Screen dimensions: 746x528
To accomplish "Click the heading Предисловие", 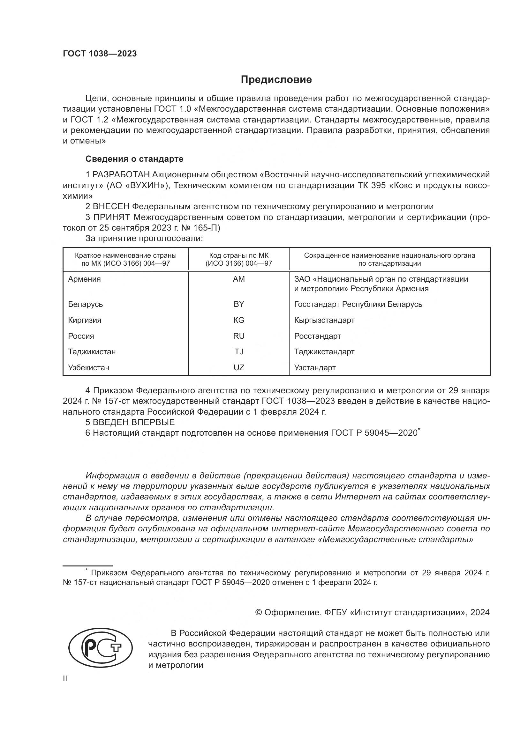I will [x=276, y=80].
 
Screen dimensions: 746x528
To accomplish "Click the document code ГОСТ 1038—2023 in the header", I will [x=100, y=54].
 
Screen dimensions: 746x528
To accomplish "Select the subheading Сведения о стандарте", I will [x=134, y=159].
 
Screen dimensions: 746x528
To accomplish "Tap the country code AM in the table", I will [x=239, y=279].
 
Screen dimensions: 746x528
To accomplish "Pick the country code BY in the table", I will [x=239, y=304].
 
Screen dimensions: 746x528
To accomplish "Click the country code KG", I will [x=239, y=320].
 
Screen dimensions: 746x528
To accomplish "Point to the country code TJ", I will [x=239, y=351].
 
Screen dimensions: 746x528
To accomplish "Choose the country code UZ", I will [x=239, y=367].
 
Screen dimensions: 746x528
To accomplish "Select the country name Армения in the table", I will [x=84, y=279].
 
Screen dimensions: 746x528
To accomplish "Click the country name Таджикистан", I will [x=92, y=351].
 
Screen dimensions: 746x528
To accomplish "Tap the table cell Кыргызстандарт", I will [x=324, y=320].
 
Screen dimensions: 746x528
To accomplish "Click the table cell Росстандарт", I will [x=317, y=336].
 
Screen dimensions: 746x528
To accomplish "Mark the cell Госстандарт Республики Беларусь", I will [x=358, y=304].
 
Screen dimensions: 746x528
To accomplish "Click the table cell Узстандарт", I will [x=315, y=367].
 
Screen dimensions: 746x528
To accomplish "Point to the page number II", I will [x=65, y=678].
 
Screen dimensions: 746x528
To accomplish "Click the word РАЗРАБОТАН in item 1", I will [x=121, y=175].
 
